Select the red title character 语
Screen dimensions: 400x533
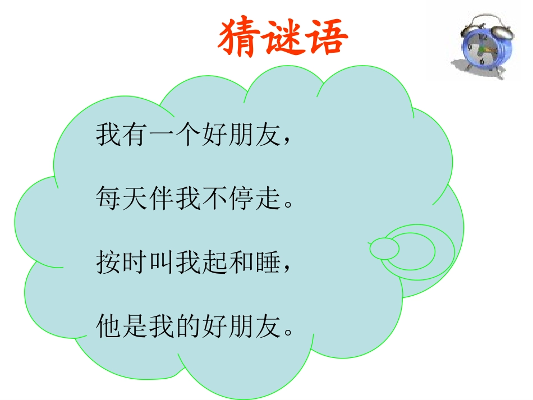pyautogui.click(x=326, y=39)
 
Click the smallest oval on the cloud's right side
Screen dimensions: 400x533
pyautogui.click(x=384, y=247)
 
